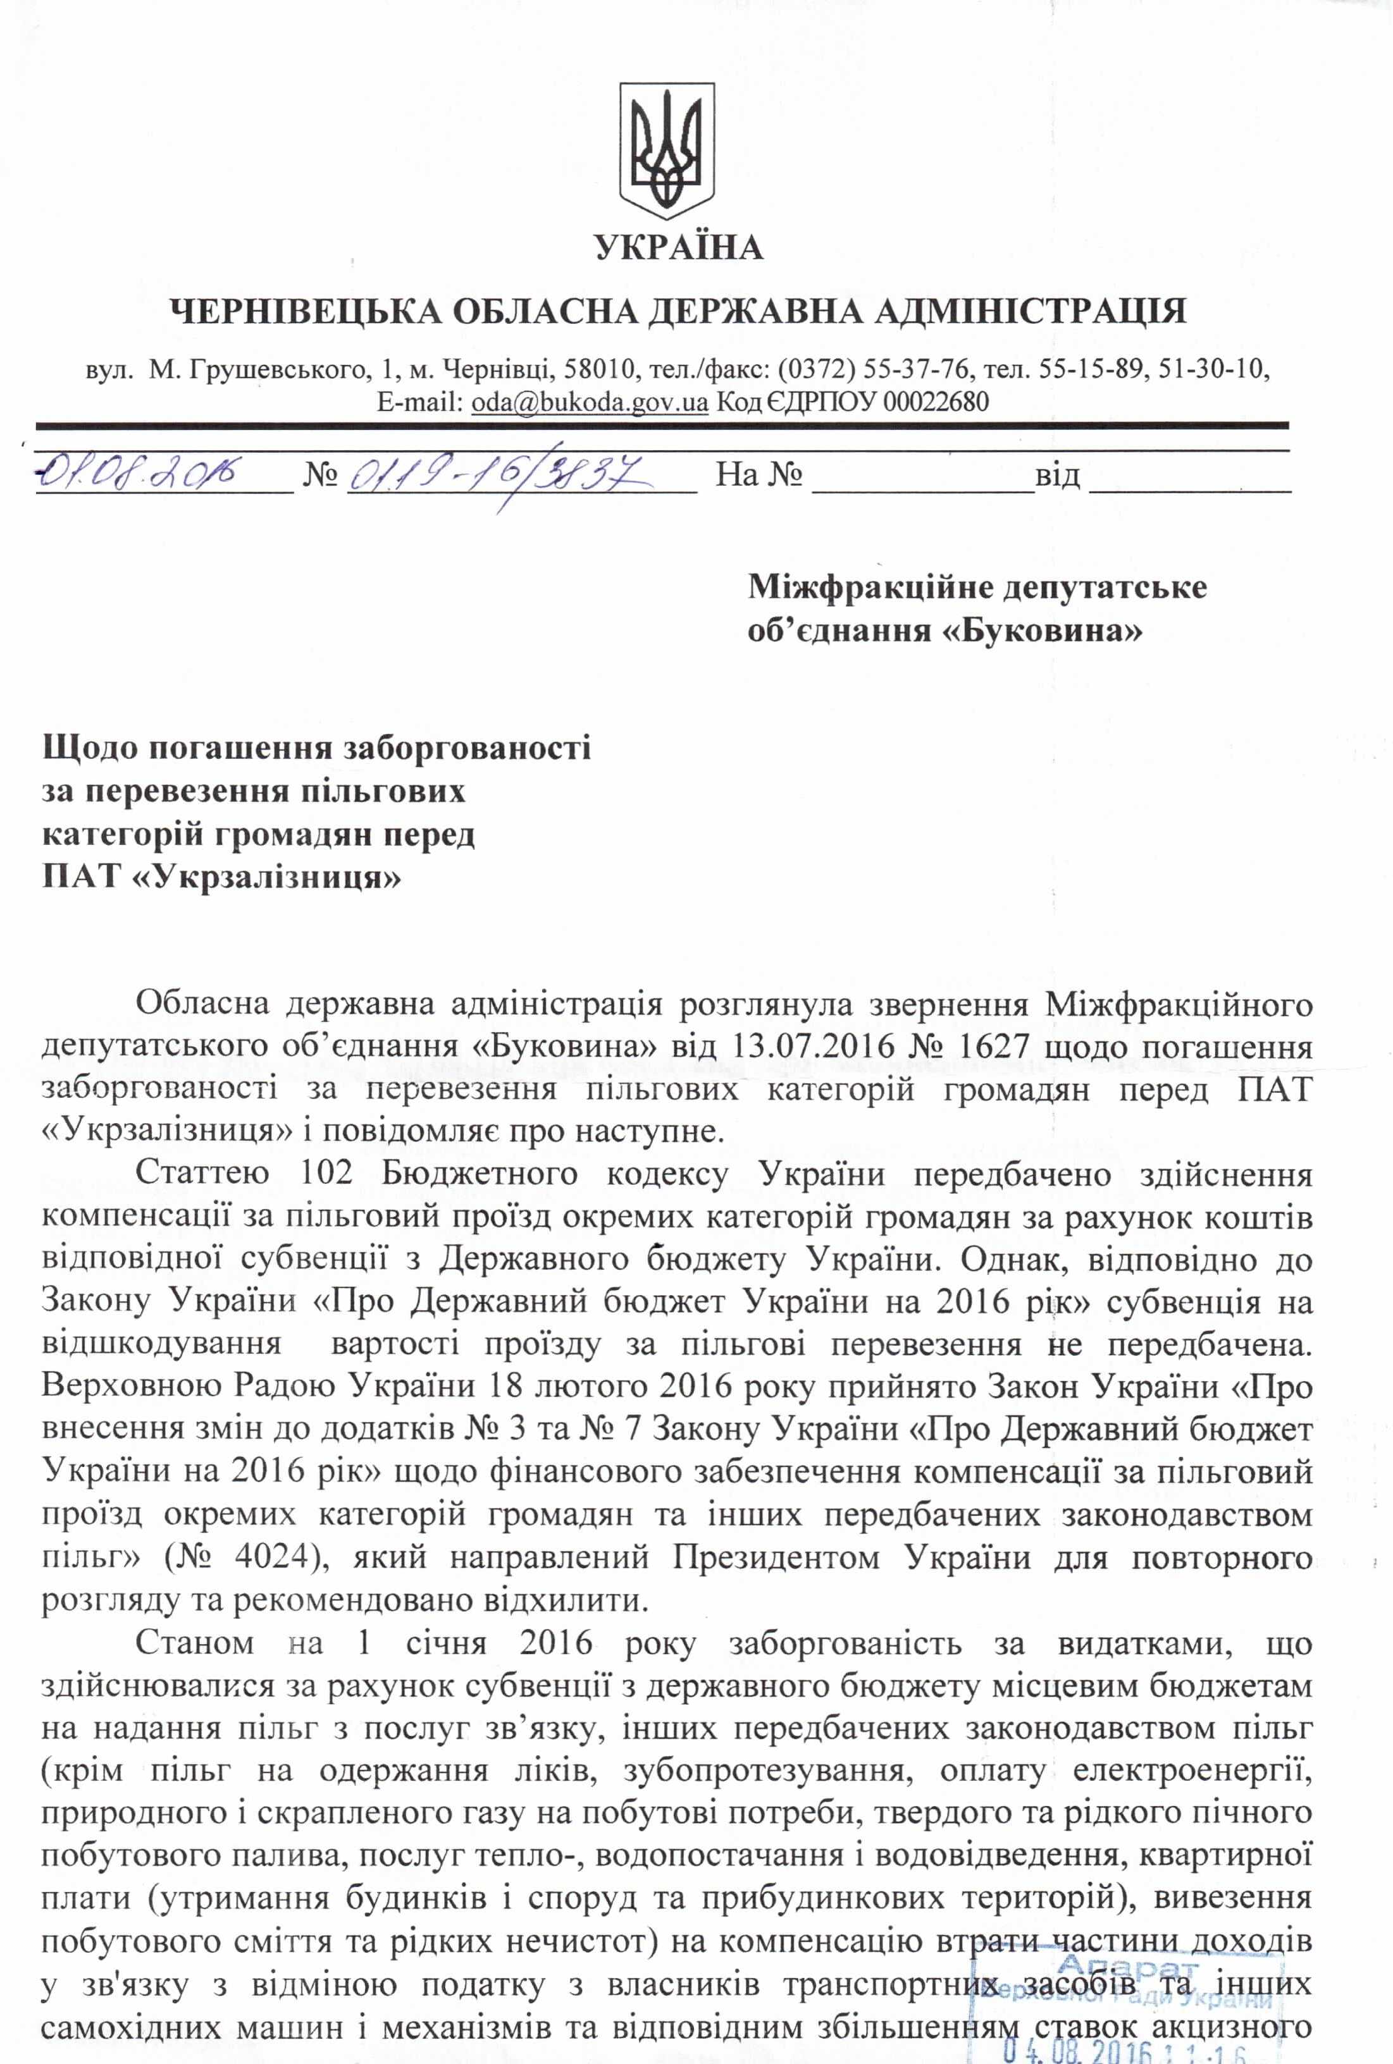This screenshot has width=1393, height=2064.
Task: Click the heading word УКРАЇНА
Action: coord(679,247)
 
